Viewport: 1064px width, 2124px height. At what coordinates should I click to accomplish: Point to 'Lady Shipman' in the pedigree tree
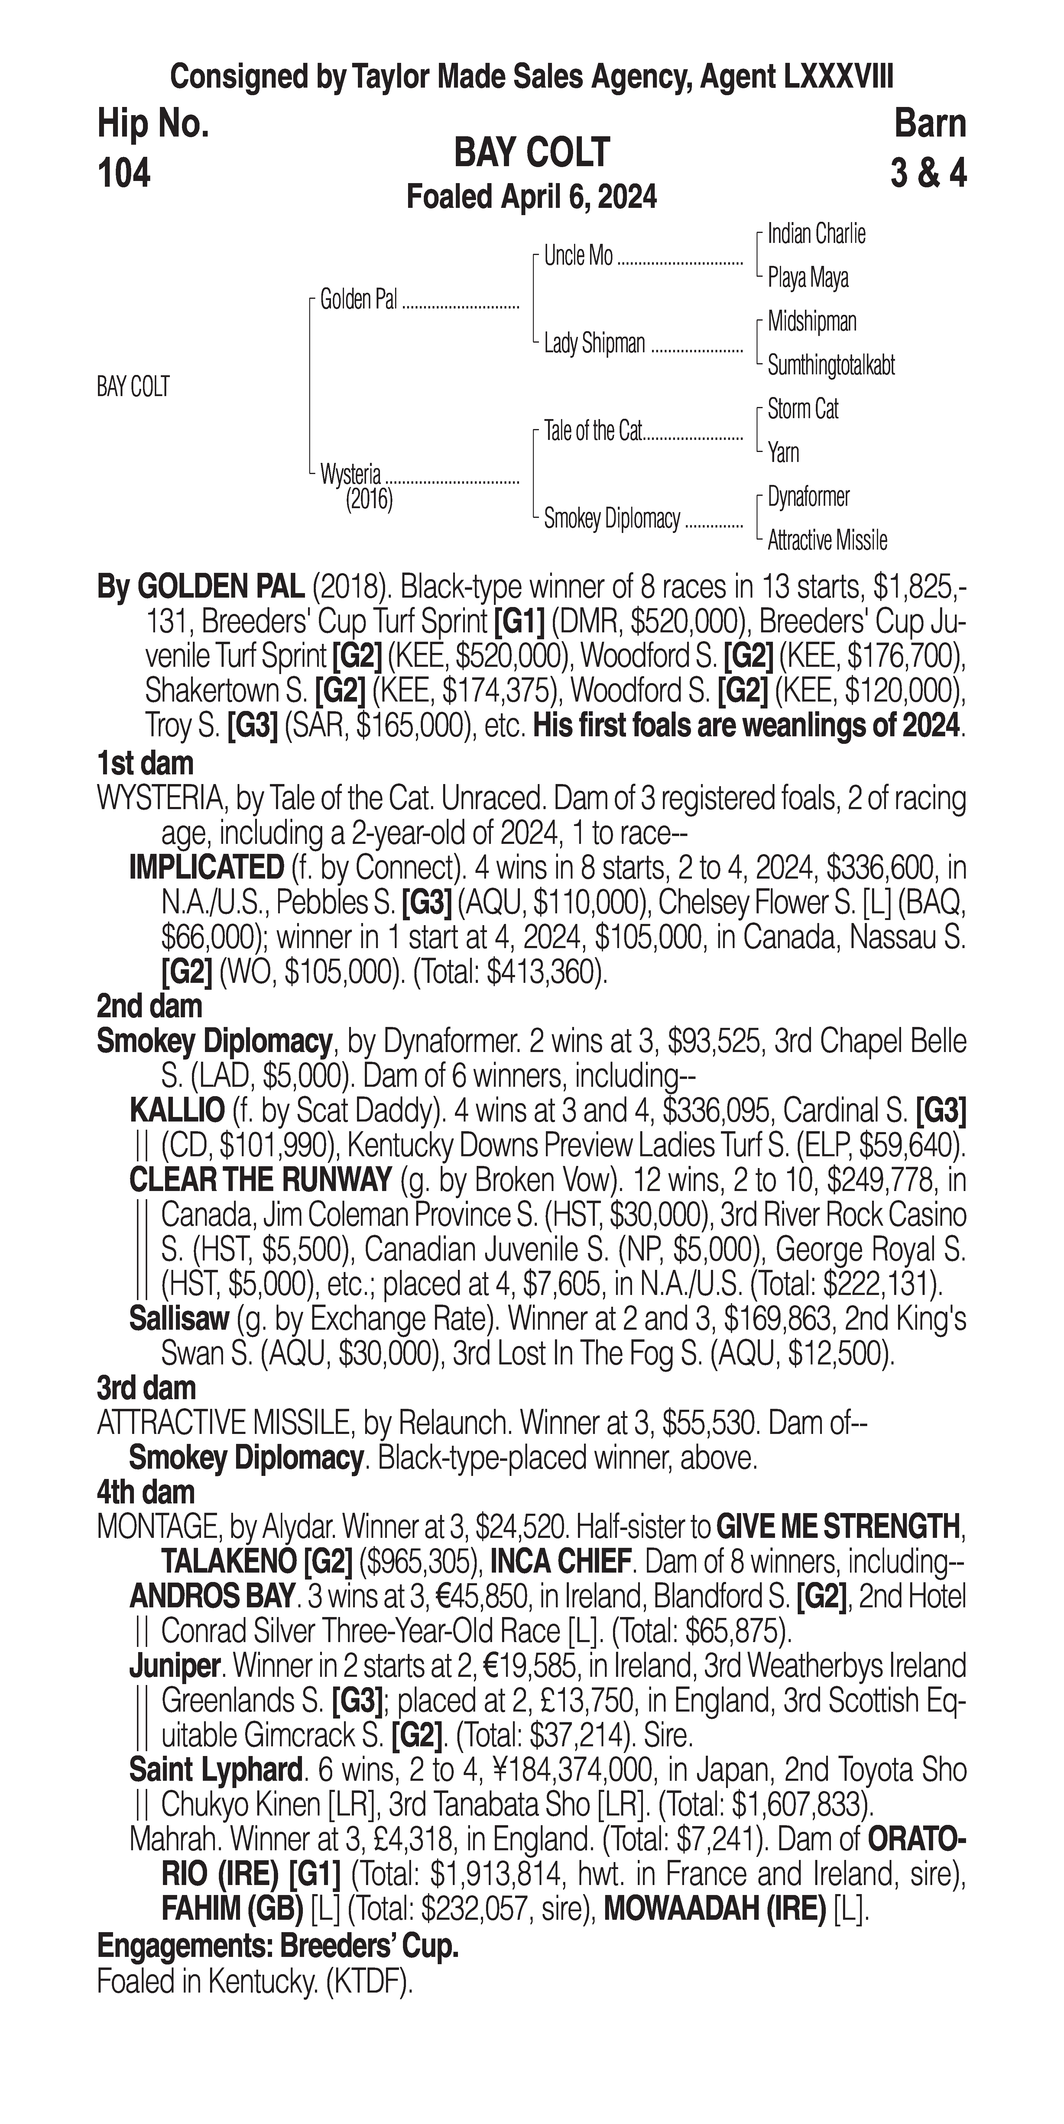(594, 343)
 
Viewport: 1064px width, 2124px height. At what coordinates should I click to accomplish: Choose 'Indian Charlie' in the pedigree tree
(816, 234)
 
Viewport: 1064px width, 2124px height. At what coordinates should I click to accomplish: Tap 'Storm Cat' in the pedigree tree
(803, 409)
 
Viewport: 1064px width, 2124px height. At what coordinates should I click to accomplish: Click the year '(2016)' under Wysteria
(369, 499)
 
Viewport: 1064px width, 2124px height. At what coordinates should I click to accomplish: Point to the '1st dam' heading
(145, 763)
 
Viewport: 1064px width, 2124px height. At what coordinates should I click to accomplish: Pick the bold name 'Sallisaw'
(178, 1319)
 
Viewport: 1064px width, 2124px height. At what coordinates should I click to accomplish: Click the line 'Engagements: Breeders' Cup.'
(277, 1946)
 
